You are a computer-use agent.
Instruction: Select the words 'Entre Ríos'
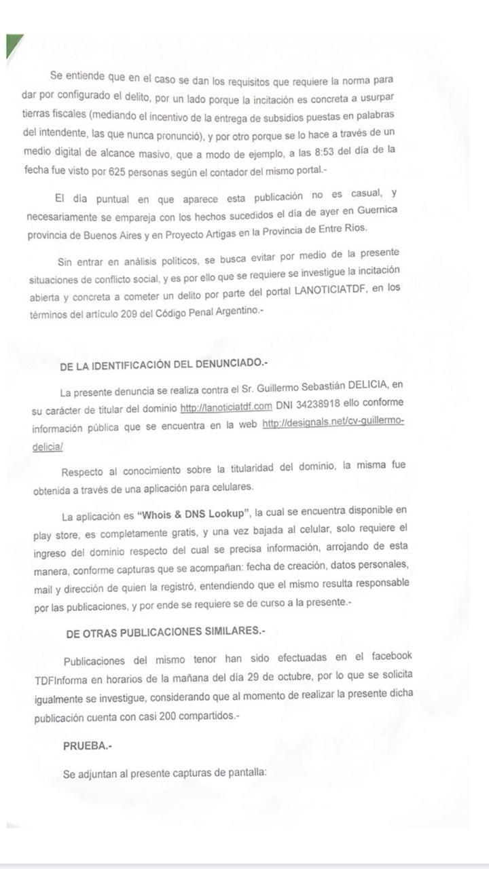[x=340, y=229]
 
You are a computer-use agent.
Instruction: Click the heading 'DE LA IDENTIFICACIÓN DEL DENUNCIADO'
[x=163, y=365]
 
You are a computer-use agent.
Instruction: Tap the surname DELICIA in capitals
[x=374, y=389]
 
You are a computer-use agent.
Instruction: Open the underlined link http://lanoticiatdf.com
[x=225, y=407]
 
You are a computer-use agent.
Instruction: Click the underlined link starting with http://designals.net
[x=333, y=424]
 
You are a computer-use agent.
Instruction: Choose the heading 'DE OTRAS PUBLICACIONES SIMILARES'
[x=165, y=632]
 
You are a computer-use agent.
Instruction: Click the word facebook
[x=391, y=656]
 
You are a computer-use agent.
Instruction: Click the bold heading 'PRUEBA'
[x=87, y=745]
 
